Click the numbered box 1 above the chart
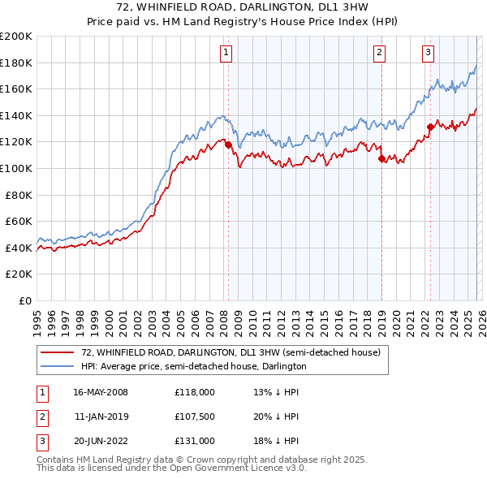(225, 54)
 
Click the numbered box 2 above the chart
(379, 54)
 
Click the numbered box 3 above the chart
(428, 54)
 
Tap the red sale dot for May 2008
(228, 145)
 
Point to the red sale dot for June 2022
(430, 127)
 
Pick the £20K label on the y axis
(19, 274)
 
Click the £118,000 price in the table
(194, 392)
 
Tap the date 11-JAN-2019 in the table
(101, 416)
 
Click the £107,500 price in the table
(194, 416)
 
